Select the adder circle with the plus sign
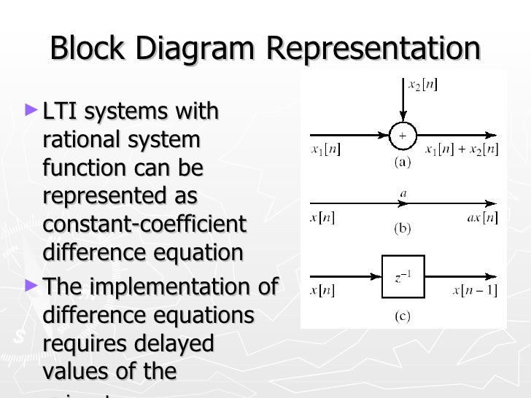coord(402,136)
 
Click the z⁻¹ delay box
coord(403,276)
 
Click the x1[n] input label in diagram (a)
coord(325,150)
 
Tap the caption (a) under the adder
coord(402,163)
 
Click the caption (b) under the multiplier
coord(402,229)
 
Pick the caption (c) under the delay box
coord(402,316)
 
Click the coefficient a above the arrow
coord(402,194)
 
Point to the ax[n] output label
coord(481,218)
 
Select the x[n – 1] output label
coord(475,291)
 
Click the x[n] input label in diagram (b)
coord(322,218)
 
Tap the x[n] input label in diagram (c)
coord(322,291)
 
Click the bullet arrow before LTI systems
coord(30,111)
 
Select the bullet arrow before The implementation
coord(30,284)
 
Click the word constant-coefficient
coord(145,224)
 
